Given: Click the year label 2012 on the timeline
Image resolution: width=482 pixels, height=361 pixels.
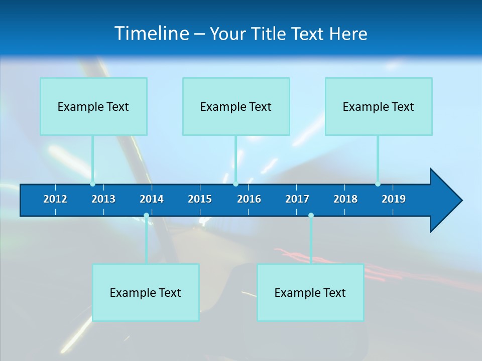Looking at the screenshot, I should point(55,199).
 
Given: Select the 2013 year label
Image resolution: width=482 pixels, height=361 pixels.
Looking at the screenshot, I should point(103,199).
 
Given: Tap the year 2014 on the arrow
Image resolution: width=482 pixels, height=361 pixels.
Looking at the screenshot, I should point(152,199).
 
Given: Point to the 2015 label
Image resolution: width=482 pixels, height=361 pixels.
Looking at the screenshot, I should point(200,199).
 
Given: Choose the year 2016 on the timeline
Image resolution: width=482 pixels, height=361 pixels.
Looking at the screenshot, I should point(249,199).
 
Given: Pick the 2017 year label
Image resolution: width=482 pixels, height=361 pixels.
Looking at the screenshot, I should point(297,199).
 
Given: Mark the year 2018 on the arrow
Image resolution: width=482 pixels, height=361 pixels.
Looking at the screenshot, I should point(345,199).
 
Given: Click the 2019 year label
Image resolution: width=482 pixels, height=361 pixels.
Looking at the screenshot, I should point(394,199).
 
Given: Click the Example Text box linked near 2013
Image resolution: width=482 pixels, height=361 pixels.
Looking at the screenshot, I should point(93,106).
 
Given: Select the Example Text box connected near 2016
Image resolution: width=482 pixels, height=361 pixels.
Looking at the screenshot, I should point(236,106).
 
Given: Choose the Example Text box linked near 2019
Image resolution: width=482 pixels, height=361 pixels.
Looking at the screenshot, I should point(379,106).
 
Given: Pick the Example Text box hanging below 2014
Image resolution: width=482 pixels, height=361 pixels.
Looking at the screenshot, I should point(146,292).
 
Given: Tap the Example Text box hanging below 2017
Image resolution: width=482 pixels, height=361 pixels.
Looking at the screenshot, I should point(310,292).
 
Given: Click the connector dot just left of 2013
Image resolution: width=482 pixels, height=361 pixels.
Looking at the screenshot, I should point(92,184).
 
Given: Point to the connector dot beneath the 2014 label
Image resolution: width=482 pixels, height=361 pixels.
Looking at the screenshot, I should point(146,216).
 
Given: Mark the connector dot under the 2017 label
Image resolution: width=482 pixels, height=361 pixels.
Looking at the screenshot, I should point(311,216).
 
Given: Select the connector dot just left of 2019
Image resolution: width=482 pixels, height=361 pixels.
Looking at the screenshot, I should point(378,184).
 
